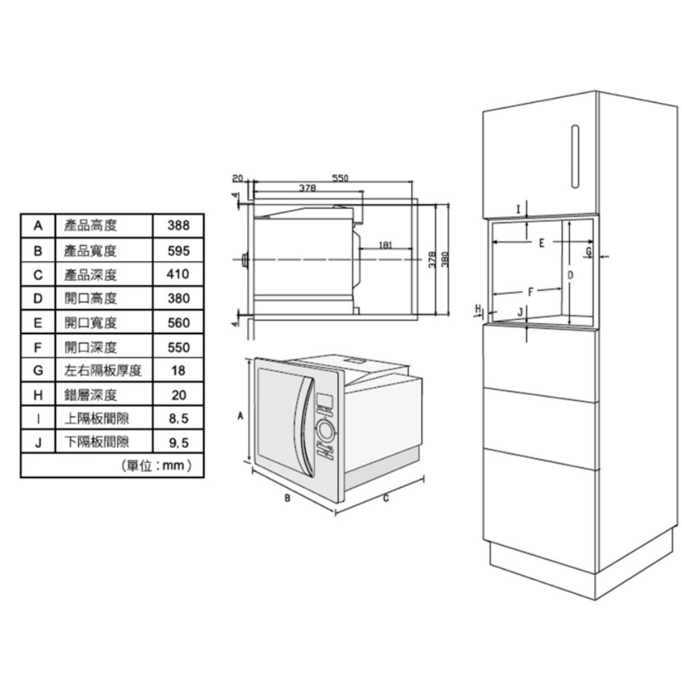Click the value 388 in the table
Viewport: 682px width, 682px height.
point(178,225)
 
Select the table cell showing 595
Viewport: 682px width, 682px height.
point(178,250)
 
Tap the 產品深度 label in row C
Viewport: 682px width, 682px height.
point(91,274)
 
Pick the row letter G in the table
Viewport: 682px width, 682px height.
point(38,370)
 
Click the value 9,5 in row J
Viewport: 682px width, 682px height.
point(178,443)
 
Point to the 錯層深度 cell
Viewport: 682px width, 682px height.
point(91,395)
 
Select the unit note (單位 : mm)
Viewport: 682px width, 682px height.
point(155,466)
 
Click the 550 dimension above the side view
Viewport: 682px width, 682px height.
point(340,178)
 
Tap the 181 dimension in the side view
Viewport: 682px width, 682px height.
point(386,245)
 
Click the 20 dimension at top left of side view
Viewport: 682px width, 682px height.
point(237,178)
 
